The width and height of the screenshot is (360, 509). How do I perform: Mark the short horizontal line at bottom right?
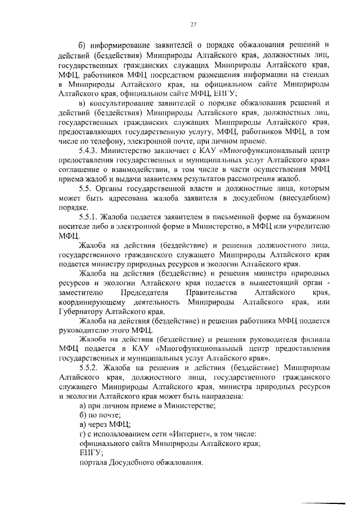(323, 503)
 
